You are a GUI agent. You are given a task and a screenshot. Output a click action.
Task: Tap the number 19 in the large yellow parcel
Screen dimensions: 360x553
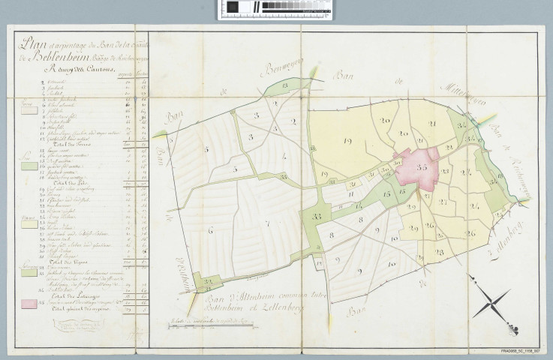pyautogui.click(x=347, y=140)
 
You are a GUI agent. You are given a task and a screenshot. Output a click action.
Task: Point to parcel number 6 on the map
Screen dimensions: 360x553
pyautogui.click(x=210, y=230)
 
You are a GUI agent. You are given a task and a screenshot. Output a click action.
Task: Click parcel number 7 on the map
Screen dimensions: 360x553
pyautogui.click(x=266, y=223)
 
